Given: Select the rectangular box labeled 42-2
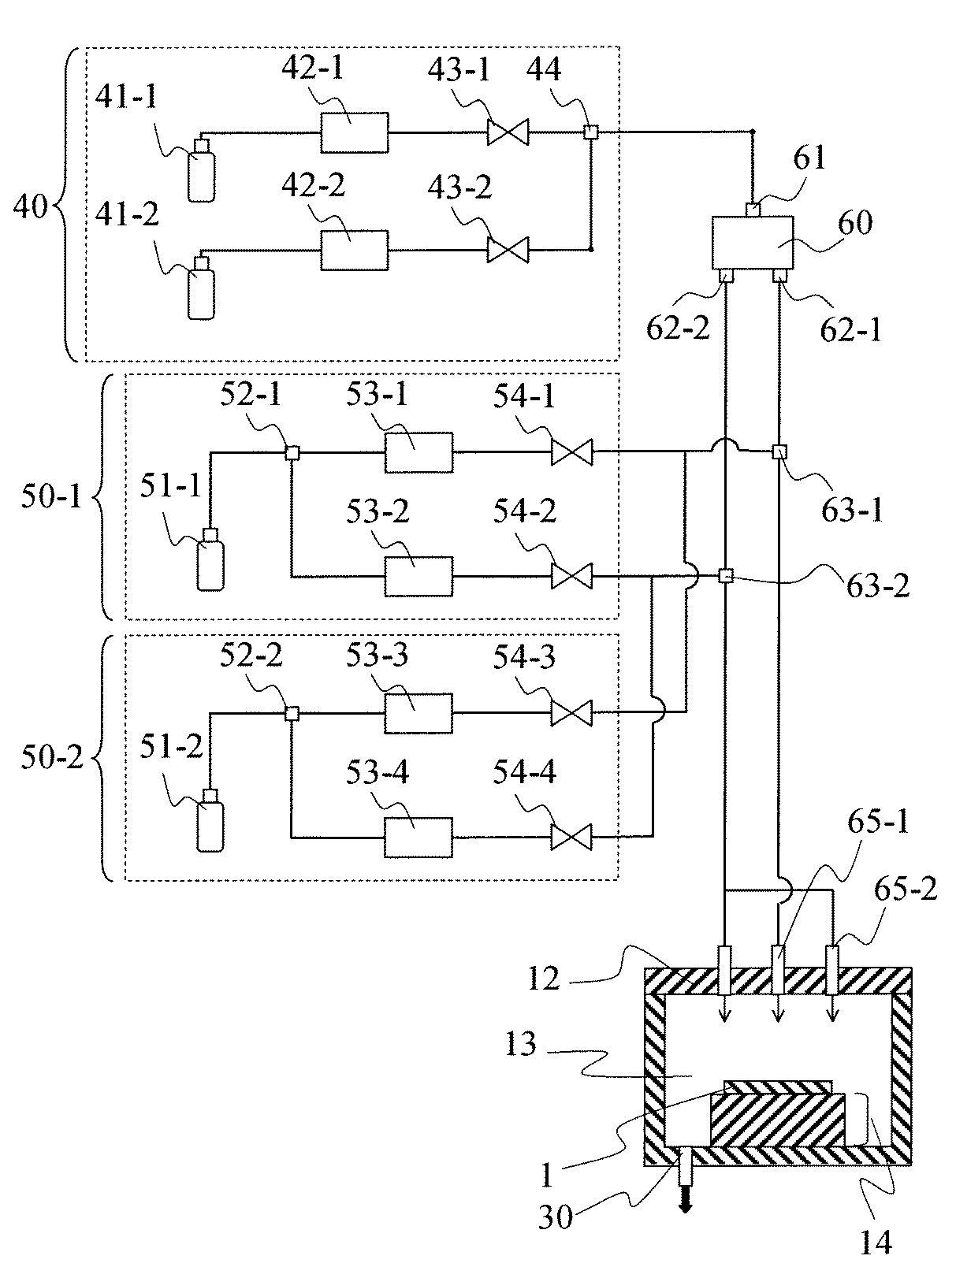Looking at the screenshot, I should point(355,251).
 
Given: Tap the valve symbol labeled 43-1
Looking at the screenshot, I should point(508,132).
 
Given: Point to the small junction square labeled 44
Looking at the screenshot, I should point(590,132).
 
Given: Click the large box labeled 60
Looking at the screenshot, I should point(752,243).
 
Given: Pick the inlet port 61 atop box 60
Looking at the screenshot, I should point(752,210).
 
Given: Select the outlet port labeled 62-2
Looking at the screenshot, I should point(725,276).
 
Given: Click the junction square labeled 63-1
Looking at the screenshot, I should point(779,451).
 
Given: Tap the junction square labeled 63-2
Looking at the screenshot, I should point(726,578).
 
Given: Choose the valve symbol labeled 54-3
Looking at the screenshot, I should point(571,713).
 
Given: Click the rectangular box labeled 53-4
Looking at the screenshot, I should point(418,837).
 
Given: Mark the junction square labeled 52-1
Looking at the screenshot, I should point(292,452).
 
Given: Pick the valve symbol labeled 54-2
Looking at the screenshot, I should point(571,576).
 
